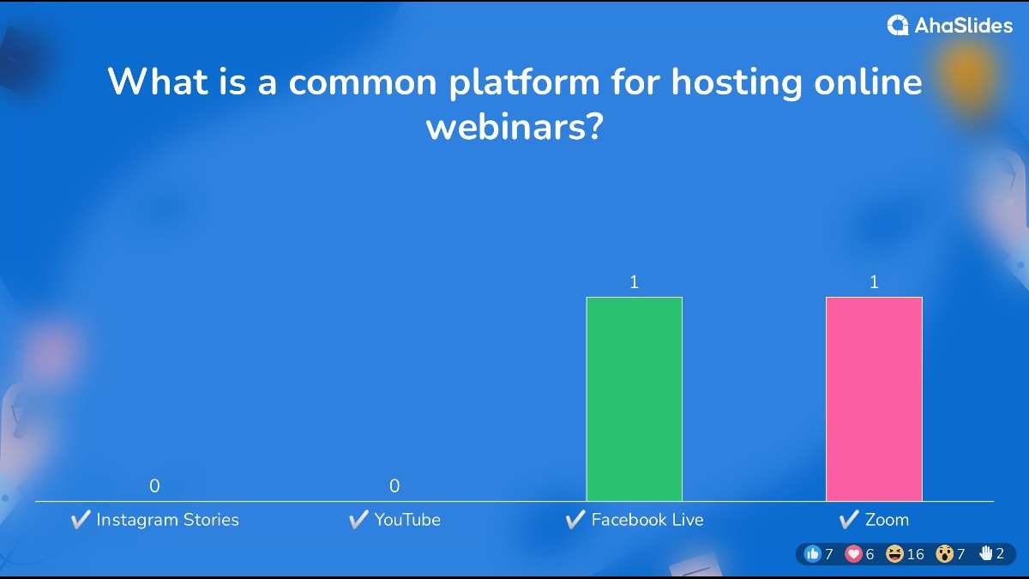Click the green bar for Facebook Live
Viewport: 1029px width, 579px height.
tap(634, 399)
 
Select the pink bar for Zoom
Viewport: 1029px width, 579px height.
tap(874, 399)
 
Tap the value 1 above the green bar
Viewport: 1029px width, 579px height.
tap(634, 281)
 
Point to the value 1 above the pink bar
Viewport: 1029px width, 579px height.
tap(874, 281)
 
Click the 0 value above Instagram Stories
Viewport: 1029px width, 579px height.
tap(154, 486)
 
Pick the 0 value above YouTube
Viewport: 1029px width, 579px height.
tap(394, 486)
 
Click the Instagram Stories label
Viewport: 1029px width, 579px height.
tap(168, 520)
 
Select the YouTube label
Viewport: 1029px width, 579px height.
tap(407, 520)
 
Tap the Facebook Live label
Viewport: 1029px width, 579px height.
tap(647, 520)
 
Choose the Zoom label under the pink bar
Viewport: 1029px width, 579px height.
tap(887, 520)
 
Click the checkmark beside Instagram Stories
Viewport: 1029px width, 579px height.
tap(81, 519)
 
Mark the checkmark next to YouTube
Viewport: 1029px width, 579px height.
tap(358, 519)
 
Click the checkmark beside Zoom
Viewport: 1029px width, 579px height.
tap(849, 519)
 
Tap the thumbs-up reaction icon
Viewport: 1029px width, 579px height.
tap(813, 554)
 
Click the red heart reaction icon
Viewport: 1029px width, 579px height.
tap(853, 554)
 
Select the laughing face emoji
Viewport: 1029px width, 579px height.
tap(895, 554)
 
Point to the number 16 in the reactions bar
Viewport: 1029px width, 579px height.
tap(916, 554)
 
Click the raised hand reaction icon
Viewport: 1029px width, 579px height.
tap(985, 553)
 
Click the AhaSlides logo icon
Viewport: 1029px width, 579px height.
tap(898, 25)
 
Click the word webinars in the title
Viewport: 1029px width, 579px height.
tap(514, 126)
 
